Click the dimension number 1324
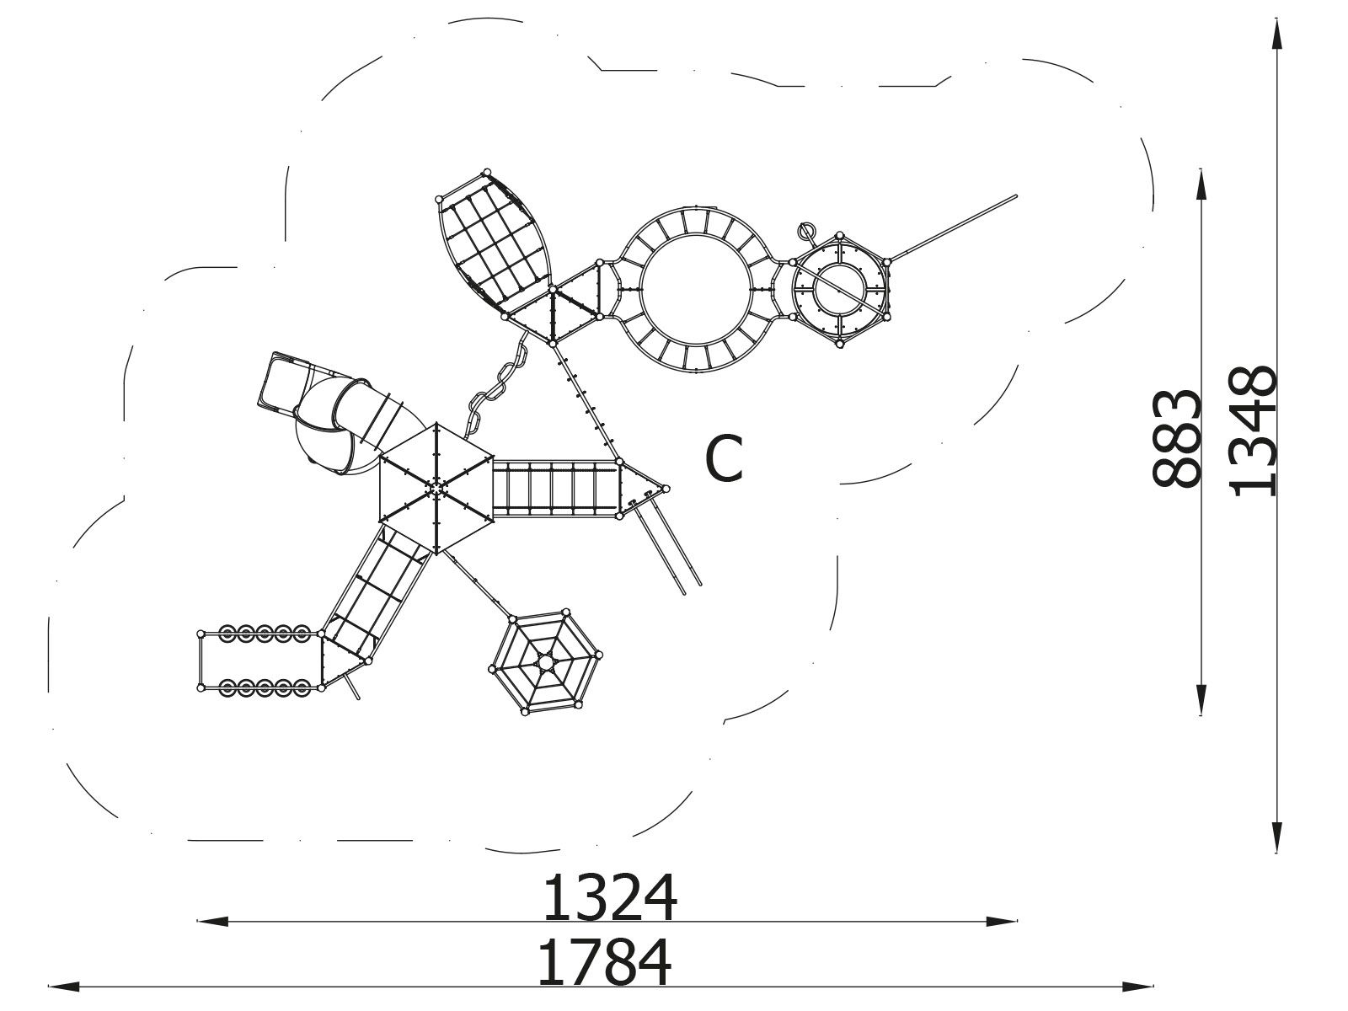pyautogui.click(x=610, y=898)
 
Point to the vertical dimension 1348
pyautogui.click(x=1253, y=431)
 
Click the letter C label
pyautogui.click(x=724, y=458)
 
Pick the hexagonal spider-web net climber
pyautogui.click(x=545, y=662)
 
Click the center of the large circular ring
pyautogui.click(x=696, y=289)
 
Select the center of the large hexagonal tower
pyautogui.click(x=436, y=488)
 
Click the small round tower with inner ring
pyautogui.click(x=839, y=289)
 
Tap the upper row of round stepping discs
pyautogui.click(x=264, y=633)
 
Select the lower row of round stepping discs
pyautogui.click(x=264, y=687)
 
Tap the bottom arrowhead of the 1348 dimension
pyautogui.click(x=1276, y=837)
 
